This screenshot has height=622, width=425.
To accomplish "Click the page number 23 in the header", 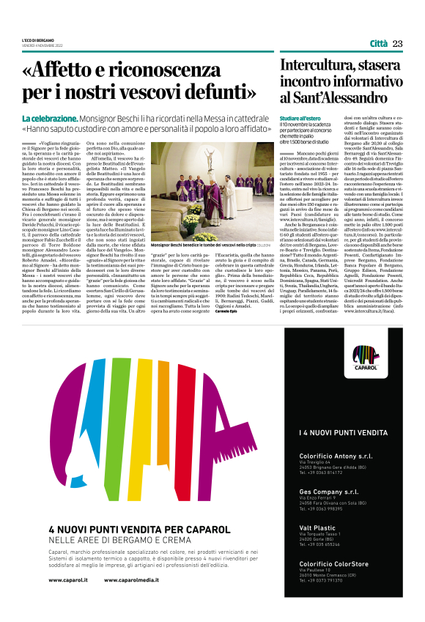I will pos(397,44).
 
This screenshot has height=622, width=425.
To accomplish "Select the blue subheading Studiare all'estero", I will pos(300,118).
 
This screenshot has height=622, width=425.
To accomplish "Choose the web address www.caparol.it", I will pos(68,580).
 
